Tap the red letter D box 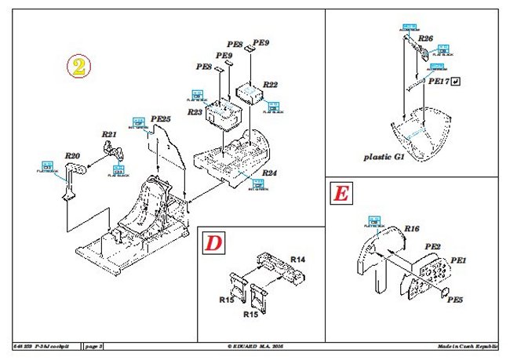(x=213, y=243)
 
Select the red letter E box (x=341, y=193)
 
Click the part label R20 (x=73, y=155)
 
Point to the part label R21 (x=108, y=134)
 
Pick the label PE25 (x=160, y=118)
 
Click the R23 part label (x=195, y=112)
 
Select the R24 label (x=269, y=172)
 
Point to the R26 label (x=425, y=38)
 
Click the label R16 (x=412, y=229)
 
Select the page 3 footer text (x=94, y=346)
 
